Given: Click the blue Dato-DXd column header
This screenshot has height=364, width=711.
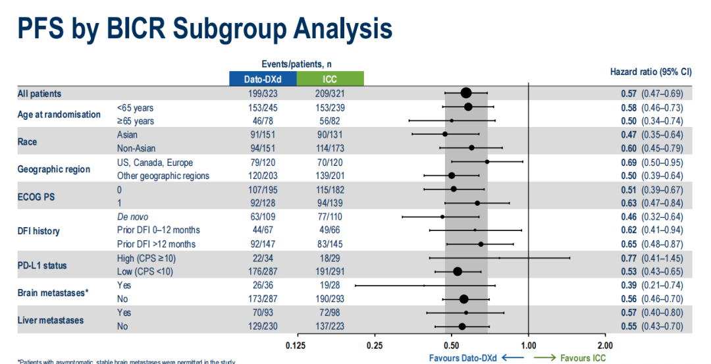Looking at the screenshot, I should click(263, 79).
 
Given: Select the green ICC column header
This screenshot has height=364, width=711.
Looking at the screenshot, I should click(330, 79).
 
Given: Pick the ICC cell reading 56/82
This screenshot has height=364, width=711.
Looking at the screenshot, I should click(330, 121).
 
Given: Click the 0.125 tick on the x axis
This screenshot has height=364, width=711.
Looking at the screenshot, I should click(297, 344).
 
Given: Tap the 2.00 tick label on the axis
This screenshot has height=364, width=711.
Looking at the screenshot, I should click(604, 344).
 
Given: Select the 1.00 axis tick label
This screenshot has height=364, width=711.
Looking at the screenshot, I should click(528, 344).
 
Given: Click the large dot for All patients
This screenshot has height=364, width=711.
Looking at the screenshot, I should click(466, 93).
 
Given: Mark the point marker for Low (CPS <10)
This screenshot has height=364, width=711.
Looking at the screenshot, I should click(458, 271).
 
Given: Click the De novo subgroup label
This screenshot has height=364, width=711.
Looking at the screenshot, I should click(132, 217).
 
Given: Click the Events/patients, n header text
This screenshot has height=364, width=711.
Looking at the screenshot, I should click(296, 64).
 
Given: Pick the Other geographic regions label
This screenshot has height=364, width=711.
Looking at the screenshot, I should click(163, 176).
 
